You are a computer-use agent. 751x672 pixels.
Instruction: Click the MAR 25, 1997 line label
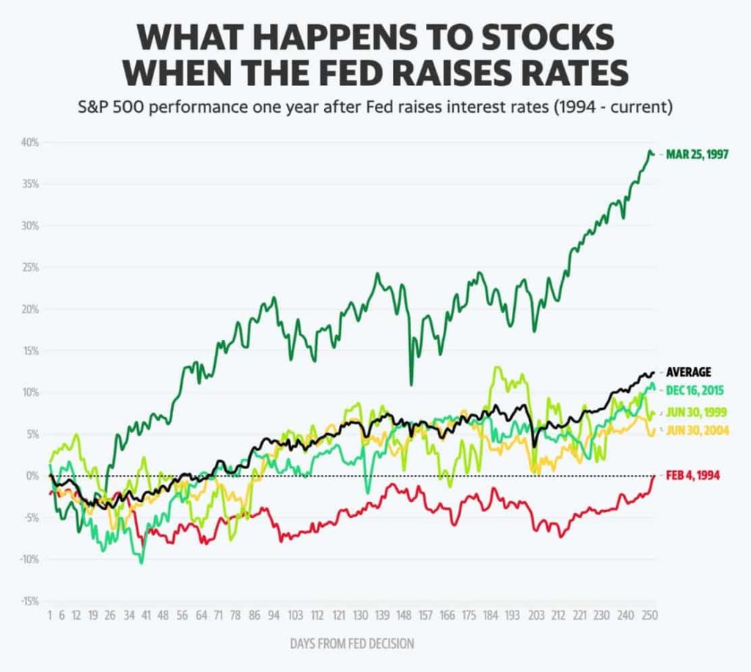pyautogui.click(x=697, y=155)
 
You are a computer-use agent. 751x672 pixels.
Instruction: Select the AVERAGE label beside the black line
pyautogui.click(x=688, y=372)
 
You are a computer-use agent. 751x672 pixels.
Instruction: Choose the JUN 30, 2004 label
pyautogui.click(x=697, y=430)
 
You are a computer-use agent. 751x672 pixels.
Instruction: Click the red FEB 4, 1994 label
pyautogui.click(x=693, y=476)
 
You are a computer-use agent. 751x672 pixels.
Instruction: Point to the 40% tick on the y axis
pyautogui.click(x=29, y=142)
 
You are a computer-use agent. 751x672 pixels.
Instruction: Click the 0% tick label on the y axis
pyautogui.click(x=32, y=476)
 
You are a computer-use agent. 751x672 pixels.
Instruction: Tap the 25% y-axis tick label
pyautogui.click(x=29, y=267)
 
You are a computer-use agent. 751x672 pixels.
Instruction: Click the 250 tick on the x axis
pyautogui.click(x=648, y=616)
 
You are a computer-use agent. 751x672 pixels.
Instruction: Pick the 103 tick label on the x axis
pyautogui.click(x=296, y=616)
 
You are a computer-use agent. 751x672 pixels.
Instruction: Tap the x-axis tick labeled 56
pyautogui.click(x=183, y=616)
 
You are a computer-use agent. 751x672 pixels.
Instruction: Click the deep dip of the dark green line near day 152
pyautogui.click(x=411, y=384)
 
